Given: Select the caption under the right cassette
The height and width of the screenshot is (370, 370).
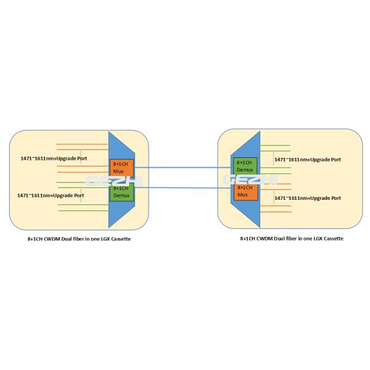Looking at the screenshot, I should (x=291, y=238).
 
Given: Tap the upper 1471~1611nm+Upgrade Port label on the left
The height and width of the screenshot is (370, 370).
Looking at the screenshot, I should (x=52, y=158).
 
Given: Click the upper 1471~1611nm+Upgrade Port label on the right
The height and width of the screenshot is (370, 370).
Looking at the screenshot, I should (x=307, y=160).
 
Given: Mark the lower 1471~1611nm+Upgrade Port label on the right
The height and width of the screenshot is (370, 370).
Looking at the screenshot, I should (x=307, y=198).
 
